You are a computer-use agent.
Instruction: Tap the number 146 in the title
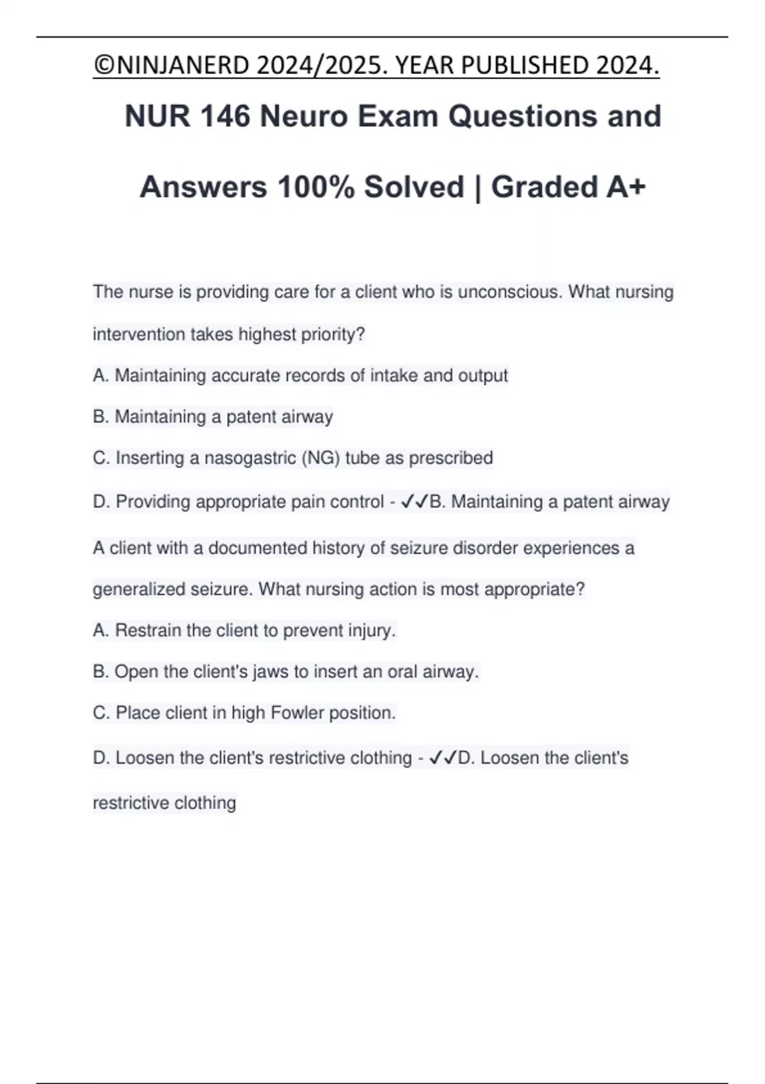pos(225,117)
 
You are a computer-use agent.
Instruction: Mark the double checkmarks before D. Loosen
pos(443,758)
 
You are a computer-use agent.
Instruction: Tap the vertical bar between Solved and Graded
pos(477,187)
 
